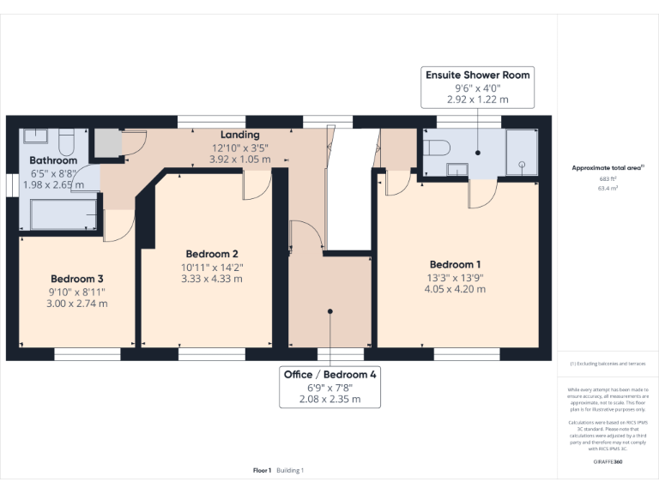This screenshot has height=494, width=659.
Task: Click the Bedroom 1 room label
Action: coord(455,264)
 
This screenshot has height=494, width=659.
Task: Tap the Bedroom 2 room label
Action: coord(212,254)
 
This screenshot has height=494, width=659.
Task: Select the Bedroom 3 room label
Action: coord(77,279)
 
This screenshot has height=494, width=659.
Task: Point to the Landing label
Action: coord(239,135)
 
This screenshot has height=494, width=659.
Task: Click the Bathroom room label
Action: coord(53,160)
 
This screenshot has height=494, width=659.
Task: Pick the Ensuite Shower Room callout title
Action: coord(478,75)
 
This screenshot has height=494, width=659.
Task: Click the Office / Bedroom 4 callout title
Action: coord(330,375)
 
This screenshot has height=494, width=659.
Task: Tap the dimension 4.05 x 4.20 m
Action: coord(455,289)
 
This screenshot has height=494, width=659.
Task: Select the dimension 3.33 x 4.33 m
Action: coord(212,279)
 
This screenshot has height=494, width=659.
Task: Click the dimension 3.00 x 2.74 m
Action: coord(77,304)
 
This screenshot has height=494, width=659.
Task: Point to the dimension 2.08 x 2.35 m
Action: coord(330,399)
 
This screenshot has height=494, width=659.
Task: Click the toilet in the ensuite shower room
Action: coord(437,147)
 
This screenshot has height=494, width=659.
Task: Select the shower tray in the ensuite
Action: coord(521,152)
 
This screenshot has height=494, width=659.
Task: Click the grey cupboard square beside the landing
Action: coord(107,143)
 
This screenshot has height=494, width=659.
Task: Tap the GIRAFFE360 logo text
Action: coord(608,462)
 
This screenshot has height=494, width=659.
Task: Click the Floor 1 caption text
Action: coord(262,470)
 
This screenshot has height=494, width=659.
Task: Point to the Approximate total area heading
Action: coord(607,167)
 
